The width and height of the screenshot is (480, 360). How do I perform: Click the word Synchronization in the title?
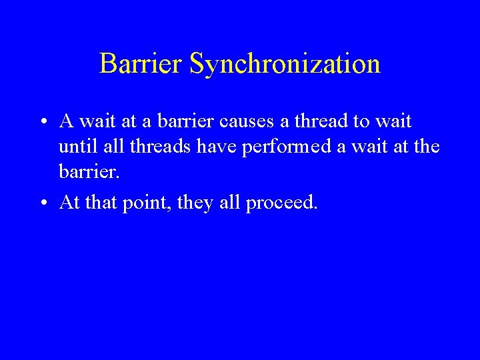[x=285, y=64]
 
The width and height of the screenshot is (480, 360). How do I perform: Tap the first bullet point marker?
[x=42, y=123]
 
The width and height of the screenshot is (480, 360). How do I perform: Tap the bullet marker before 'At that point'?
[x=42, y=203]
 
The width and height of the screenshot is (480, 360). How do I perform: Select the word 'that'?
[x=99, y=203]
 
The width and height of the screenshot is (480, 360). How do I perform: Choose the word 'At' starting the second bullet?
[x=70, y=203]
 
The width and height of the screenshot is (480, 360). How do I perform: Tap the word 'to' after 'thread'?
[x=360, y=122]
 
